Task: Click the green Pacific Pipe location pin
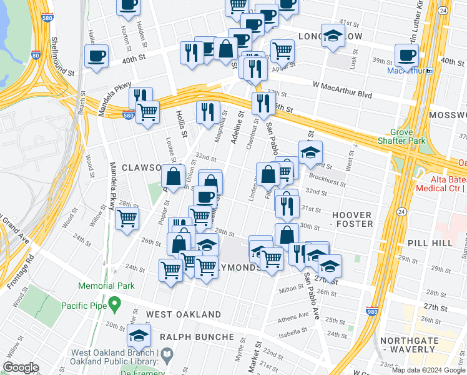coord(114,304)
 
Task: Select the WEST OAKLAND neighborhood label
coord(184,314)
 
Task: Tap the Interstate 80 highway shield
coord(36,56)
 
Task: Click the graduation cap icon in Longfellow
coord(333,36)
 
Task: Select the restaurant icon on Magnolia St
coord(207,112)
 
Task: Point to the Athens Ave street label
coord(295,316)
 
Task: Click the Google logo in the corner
coord(21,367)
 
